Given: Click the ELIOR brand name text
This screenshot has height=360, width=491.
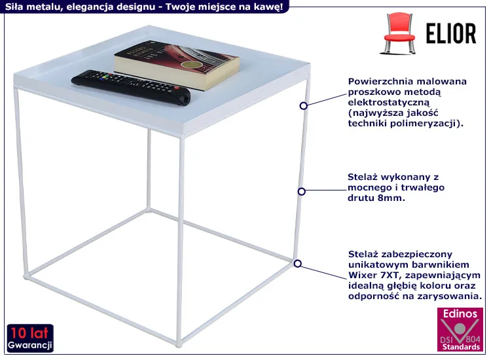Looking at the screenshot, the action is pyautogui.click(x=451, y=33).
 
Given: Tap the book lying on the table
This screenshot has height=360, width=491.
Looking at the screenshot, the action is pyautogui.click(x=177, y=65).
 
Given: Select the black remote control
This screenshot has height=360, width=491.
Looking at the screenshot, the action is pyautogui.click(x=131, y=87).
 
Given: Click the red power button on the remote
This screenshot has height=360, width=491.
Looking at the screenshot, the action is pyautogui.click(x=177, y=88).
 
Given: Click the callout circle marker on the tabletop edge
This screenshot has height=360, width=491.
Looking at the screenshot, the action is pyautogui.click(x=303, y=106).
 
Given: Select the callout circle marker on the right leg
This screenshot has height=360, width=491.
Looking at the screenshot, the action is pyautogui.click(x=302, y=191).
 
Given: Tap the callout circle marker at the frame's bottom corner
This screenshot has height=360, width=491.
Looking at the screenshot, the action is pyautogui.click(x=298, y=264).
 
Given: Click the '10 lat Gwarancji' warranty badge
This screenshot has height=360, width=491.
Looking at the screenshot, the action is pyautogui.click(x=30, y=338).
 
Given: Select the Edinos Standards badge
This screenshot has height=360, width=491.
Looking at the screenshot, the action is pyautogui.click(x=460, y=329).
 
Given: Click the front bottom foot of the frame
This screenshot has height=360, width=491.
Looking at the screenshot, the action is pyautogui.click(x=179, y=345).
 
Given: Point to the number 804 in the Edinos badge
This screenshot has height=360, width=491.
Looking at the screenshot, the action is pyautogui.click(x=473, y=339).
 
